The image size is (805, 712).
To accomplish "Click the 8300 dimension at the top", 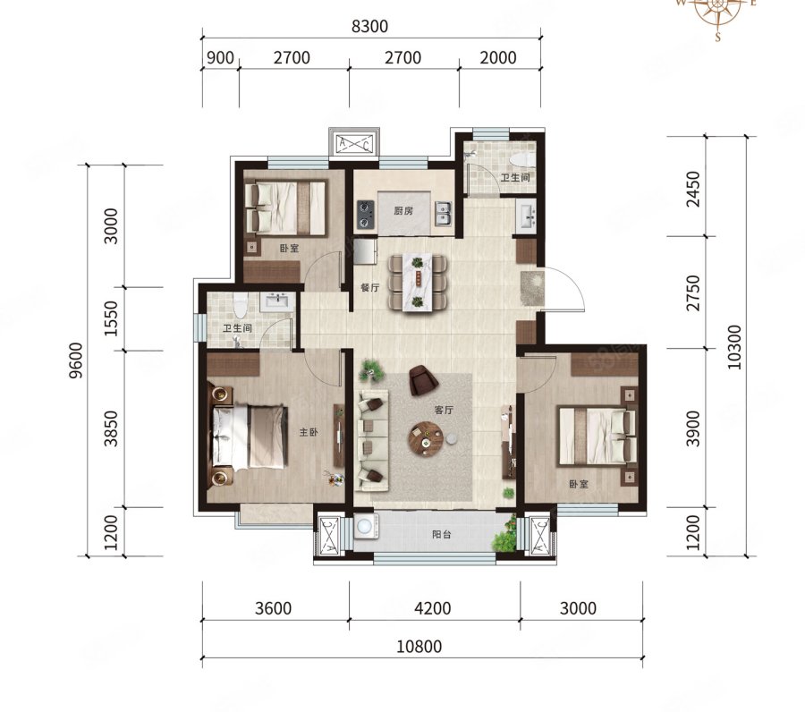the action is coord(369,26).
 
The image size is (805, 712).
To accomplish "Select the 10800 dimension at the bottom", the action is coord(419,646).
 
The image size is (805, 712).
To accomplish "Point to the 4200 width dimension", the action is coord(433,608).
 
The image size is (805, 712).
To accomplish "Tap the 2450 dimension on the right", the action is coord(693,189).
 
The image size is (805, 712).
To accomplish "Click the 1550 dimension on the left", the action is coord(111,318).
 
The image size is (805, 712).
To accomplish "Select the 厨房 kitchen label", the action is coord(403,211).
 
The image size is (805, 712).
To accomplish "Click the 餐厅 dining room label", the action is coord(369,287).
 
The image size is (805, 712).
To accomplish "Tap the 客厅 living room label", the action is coord(444,411).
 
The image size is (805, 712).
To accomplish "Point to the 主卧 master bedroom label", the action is coord(309,433).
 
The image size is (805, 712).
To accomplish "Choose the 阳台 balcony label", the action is coord(442,534).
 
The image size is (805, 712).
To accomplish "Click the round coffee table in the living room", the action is coord(425,438).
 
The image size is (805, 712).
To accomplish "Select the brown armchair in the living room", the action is coord(423,380).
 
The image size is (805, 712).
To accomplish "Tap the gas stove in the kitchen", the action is coord(365,215).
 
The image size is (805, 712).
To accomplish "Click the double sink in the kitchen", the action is coord(443,214).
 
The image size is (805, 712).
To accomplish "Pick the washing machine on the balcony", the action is coord(366,527).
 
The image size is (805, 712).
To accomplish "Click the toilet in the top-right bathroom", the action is coord(522,159).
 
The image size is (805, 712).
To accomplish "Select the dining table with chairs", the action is coord(418,283).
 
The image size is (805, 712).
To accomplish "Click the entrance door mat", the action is coord(530,287).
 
